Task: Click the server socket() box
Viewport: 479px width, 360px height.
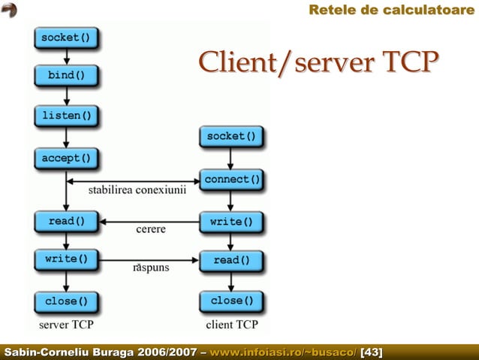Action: (67, 37)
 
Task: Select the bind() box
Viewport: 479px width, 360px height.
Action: (67, 76)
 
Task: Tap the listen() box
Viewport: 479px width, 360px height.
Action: (67, 116)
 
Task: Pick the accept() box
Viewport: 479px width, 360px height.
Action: (67, 158)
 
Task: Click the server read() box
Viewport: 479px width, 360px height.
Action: (67, 222)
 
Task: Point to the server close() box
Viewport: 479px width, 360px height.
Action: (67, 301)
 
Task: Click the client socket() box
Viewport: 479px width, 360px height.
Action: (231, 137)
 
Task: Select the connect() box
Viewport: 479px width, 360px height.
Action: (231, 180)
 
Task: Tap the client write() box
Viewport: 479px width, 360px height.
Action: (231, 222)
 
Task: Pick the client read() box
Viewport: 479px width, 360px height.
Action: (231, 261)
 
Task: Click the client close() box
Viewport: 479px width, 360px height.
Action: (231, 301)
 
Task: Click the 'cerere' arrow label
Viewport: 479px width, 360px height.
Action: (150, 228)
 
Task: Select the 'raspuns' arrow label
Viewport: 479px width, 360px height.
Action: (151, 267)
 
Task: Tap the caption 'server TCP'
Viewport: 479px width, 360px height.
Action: (66, 325)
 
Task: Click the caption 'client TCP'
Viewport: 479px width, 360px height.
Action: (232, 325)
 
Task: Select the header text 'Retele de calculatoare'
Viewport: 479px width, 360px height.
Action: (392, 10)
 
